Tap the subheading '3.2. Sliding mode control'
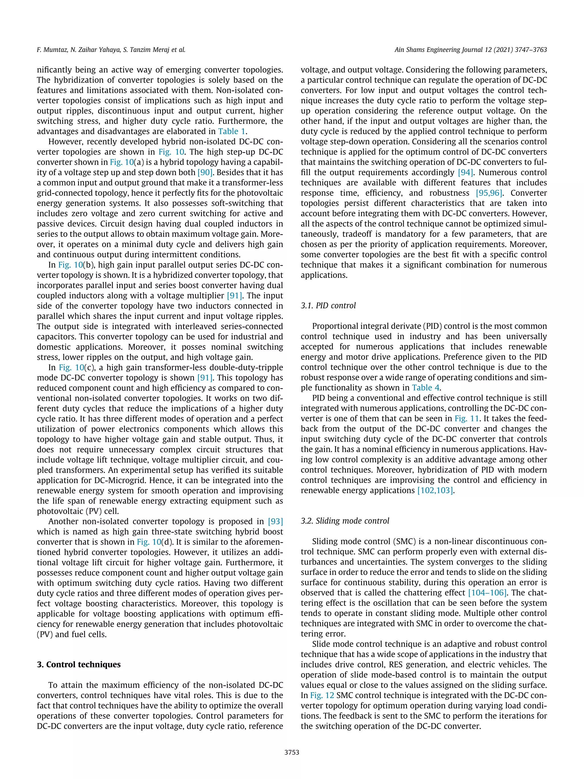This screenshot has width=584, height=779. point(345,521)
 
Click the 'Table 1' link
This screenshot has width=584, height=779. point(231,132)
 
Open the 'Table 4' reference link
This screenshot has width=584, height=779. point(425,388)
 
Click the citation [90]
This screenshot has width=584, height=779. point(204,173)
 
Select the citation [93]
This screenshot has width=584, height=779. point(275,521)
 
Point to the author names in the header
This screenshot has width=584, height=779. point(111,50)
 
